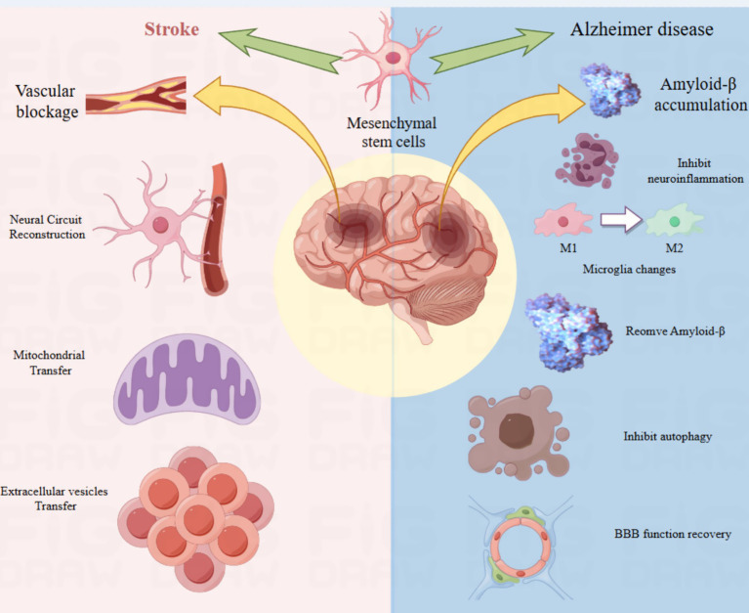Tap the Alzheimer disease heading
point(641,30)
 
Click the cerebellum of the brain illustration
point(448,294)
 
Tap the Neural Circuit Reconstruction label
point(46,226)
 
